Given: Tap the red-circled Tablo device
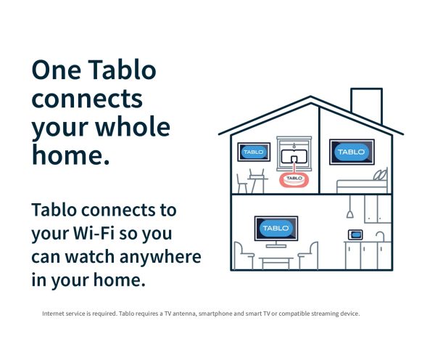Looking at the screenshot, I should pos(294,179).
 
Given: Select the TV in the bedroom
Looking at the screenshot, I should pos(352,152).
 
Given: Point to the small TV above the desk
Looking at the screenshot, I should pos(254,152).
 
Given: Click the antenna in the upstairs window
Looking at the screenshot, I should pos(294,155).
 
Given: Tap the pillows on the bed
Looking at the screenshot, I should pos(381,175).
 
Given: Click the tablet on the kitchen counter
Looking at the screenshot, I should pos(355,234).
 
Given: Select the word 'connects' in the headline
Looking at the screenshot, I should pos(86,98).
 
